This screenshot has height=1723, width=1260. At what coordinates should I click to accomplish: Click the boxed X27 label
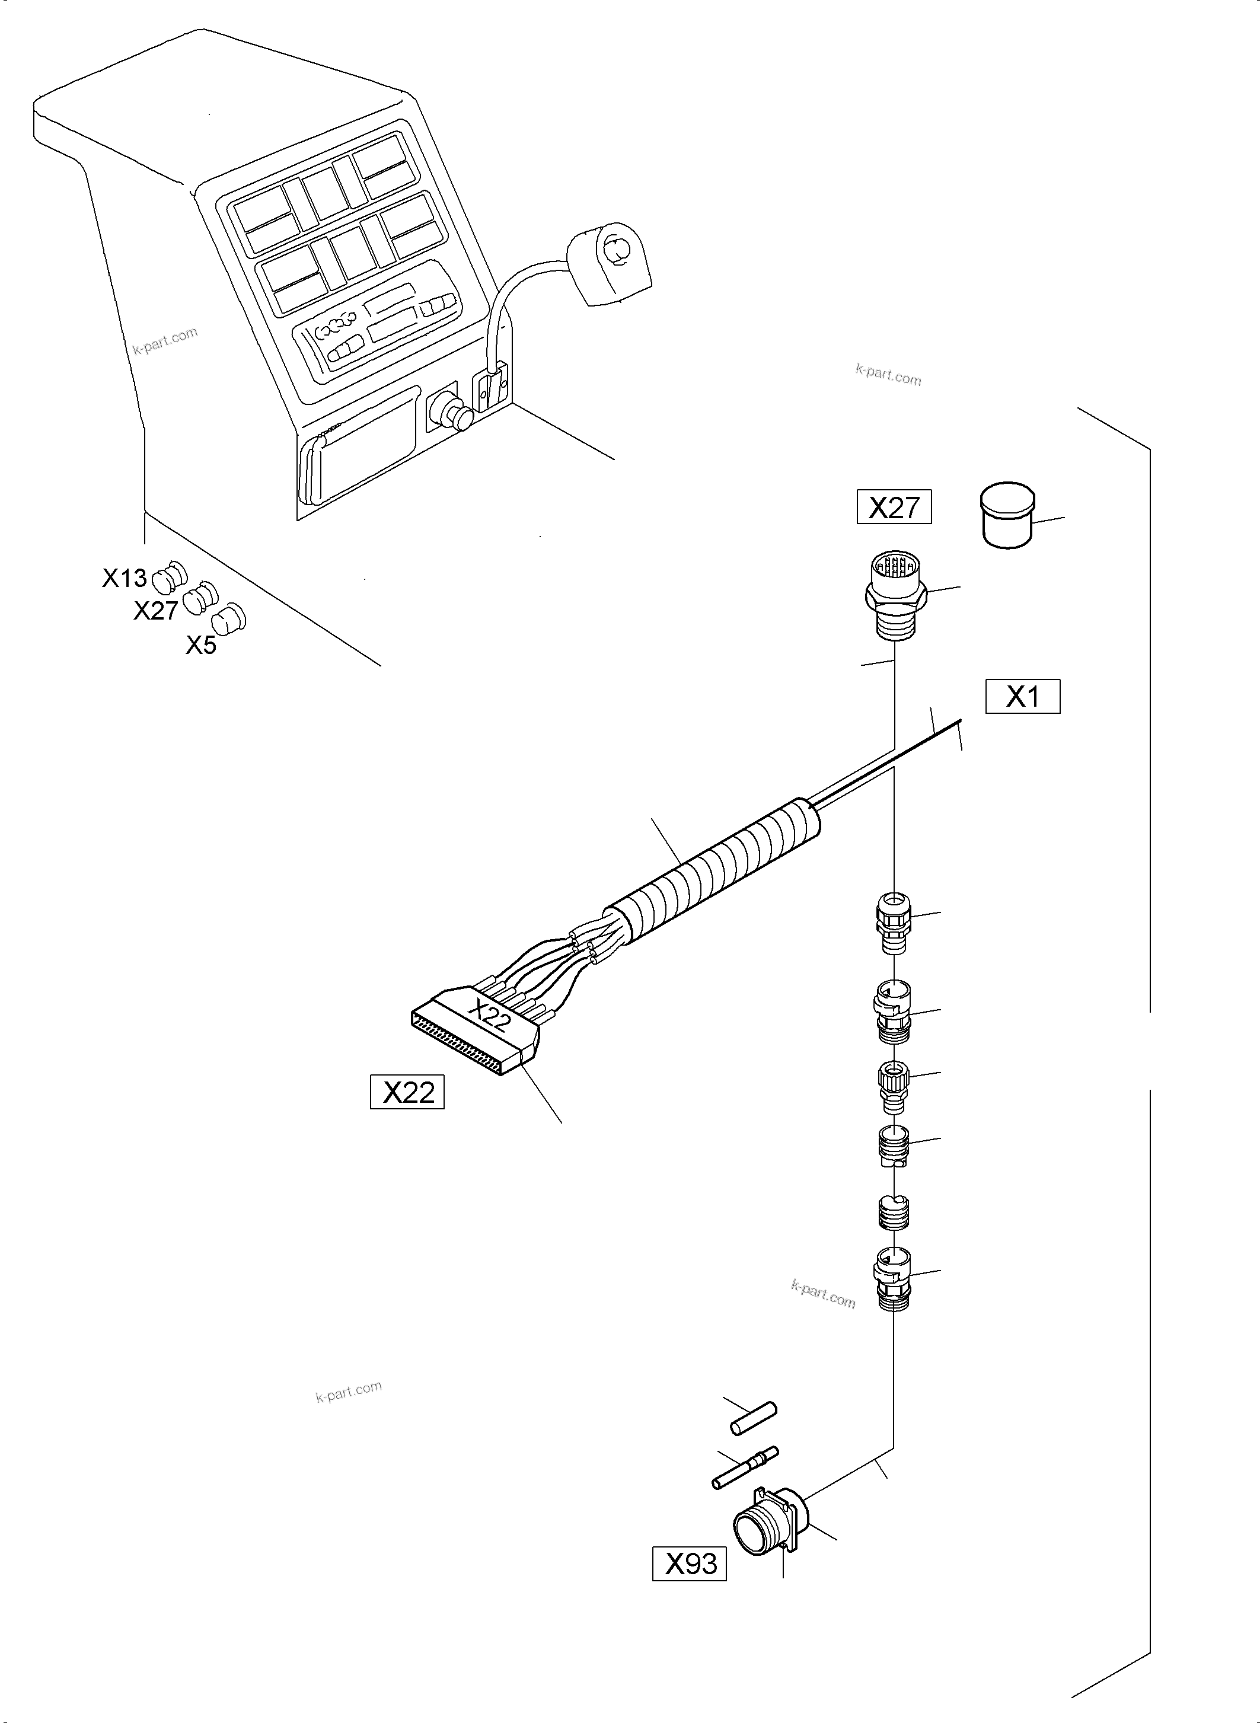click(x=893, y=507)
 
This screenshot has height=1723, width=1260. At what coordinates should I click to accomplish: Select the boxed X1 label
click(x=1022, y=696)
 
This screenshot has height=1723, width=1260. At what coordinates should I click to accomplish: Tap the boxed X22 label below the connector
click(x=407, y=1092)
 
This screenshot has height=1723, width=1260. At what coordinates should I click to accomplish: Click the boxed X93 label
click(x=690, y=1564)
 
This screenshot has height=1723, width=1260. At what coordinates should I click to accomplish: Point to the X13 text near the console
click(x=125, y=578)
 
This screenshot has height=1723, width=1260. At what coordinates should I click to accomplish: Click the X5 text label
click(x=202, y=645)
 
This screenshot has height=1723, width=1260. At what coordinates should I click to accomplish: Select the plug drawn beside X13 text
click(x=170, y=577)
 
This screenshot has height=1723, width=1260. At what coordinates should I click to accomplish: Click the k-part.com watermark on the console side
click(x=165, y=341)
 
